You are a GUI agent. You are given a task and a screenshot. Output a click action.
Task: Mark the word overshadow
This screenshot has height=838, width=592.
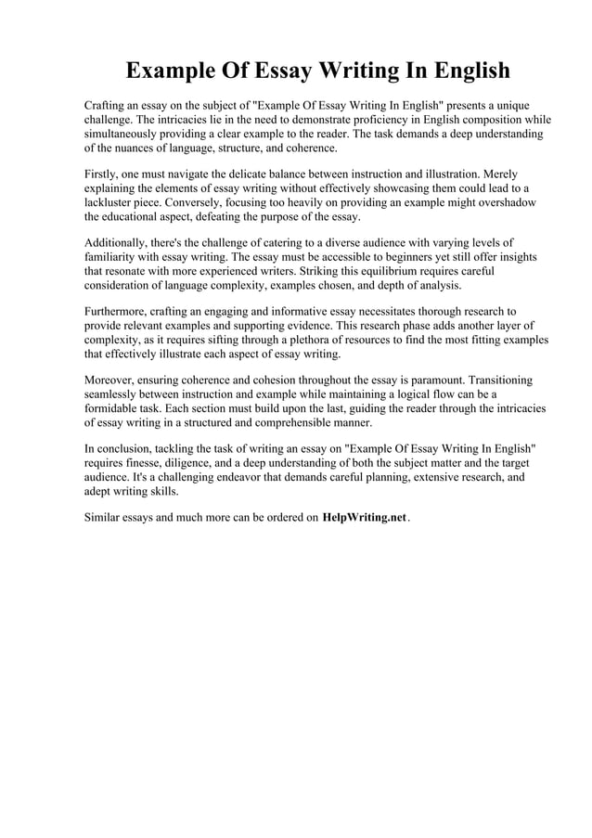[508, 202]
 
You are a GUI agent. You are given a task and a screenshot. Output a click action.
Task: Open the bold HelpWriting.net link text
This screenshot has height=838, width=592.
[365, 518]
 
